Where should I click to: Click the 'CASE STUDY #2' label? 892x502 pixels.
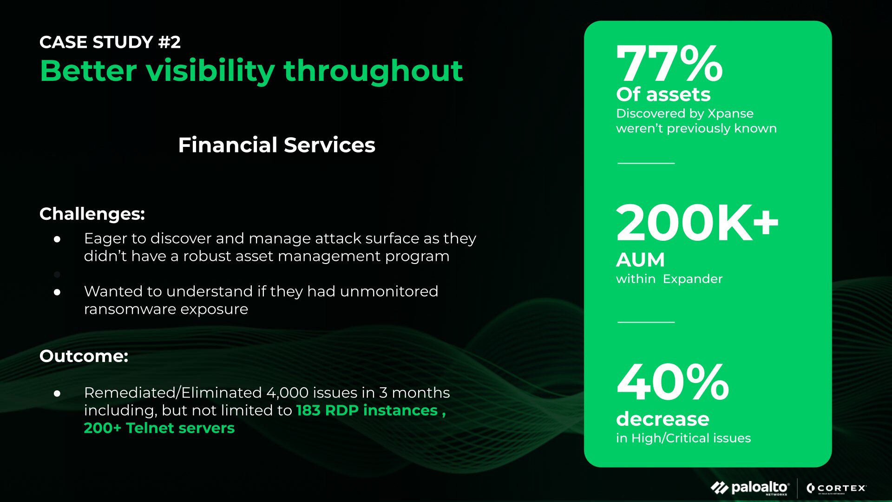tap(110, 42)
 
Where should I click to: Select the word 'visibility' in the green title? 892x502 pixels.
tap(210, 71)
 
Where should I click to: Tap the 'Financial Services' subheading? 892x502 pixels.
tap(276, 145)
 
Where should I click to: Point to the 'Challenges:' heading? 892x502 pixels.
tap(92, 214)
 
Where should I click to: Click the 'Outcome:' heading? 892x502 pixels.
tap(84, 356)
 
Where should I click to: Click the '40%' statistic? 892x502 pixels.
tap(673, 382)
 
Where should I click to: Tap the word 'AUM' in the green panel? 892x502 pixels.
tap(640, 260)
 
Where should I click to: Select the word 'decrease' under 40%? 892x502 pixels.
tap(662, 419)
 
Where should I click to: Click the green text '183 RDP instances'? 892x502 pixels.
tap(367, 410)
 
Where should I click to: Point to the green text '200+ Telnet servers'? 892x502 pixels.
tap(159, 428)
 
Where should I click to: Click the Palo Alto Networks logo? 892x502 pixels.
tap(750, 488)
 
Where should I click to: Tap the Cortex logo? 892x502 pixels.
tap(836, 488)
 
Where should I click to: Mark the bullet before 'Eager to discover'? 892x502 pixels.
tap(57, 239)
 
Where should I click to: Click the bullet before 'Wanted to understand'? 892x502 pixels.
tap(57, 292)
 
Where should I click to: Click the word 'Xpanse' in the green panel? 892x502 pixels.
tap(730, 114)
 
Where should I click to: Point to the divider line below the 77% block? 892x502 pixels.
tap(646, 163)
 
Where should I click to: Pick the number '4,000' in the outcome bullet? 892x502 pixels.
tap(288, 393)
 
